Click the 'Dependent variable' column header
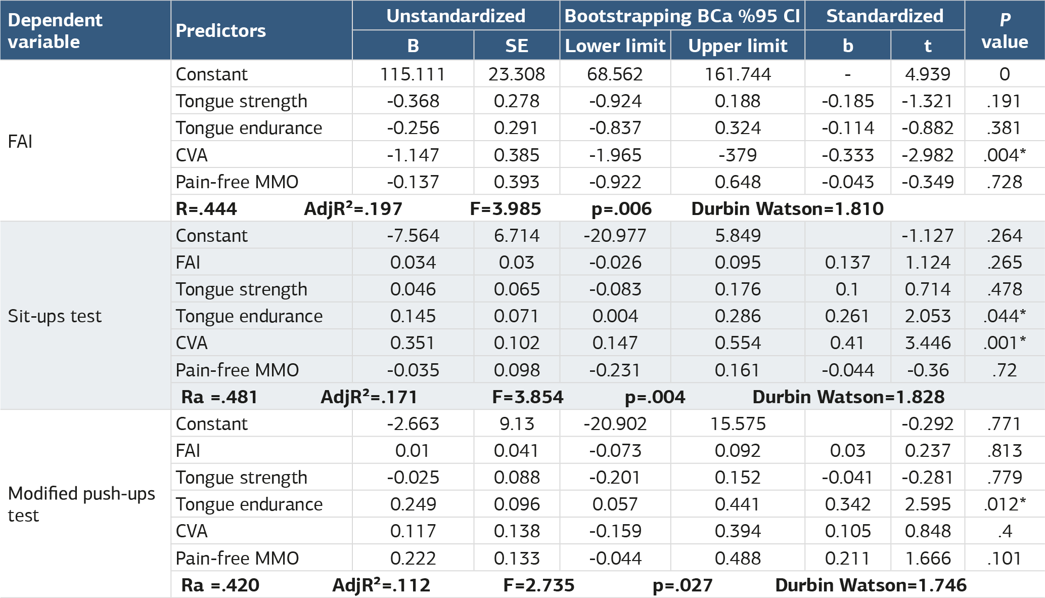coord(55,30)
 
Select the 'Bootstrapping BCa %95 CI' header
coord(682,16)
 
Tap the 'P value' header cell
coord(1005,30)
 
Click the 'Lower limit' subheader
coord(615,46)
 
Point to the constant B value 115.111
coord(413,74)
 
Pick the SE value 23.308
coord(516,74)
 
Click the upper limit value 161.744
coord(738,74)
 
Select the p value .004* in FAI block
coord(1005,155)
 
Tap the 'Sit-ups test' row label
coord(55,316)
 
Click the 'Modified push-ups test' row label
coord(81,504)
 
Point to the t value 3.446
coord(928,343)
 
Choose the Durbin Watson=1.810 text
coord(787,208)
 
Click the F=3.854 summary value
coord(527,397)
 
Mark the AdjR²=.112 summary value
coord(381,585)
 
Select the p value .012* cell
coord(1005,504)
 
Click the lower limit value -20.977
coord(615,236)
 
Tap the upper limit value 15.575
coord(738,424)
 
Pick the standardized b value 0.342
coord(847,504)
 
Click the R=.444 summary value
coord(206,208)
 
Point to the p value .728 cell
coord(1005,182)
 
